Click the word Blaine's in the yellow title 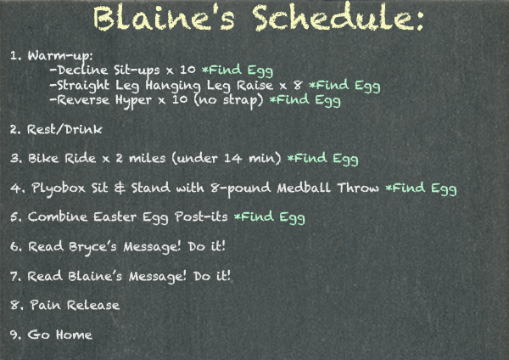(x=164, y=18)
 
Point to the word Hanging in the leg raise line (x=173, y=86)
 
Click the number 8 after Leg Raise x (x=298, y=85)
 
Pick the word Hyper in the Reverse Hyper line (x=133, y=100)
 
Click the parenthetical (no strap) (x=228, y=100)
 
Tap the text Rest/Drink (x=64, y=129)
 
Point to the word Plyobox (x=59, y=188)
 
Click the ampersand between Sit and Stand (x=120, y=188)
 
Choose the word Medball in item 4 (x=304, y=188)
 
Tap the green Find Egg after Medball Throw (x=421, y=188)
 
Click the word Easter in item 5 (x=115, y=217)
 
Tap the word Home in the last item (x=74, y=335)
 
